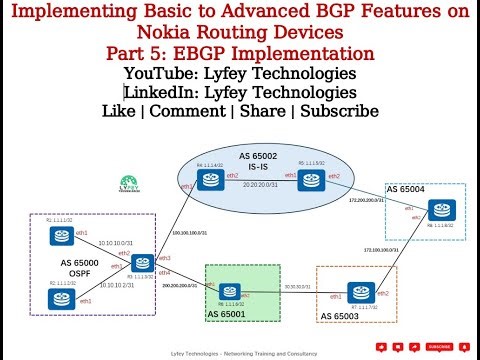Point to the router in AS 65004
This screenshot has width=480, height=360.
[437, 210]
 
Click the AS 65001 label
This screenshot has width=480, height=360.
[233, 315]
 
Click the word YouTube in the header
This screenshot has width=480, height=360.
[159, 73]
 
